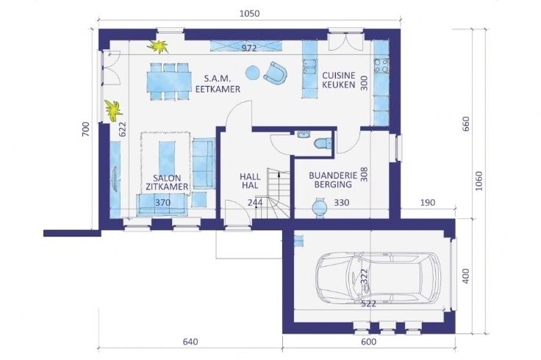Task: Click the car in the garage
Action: click(378, 278)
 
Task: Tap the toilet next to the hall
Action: click(323, 143)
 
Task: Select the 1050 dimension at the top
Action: click(249, 13)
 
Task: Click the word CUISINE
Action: click(338, 76)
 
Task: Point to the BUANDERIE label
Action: click(333, 175)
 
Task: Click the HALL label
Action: click(250, 176)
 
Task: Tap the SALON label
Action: click(167, 179)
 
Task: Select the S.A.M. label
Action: click(218, 79)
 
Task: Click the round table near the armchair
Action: click(253, 73)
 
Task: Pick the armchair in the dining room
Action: click(276, 73)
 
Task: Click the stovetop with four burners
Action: click(381, 66)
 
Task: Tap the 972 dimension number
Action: click(248, 48)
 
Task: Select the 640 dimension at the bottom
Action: click(190, 342)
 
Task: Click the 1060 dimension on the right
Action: click(479, 181)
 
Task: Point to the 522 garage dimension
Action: click(368, 303)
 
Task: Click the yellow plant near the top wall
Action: click(158, 46)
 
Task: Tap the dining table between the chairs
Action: click(169, 82)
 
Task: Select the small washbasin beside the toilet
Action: click(304, 134)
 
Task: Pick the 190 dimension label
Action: click(428, 203)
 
